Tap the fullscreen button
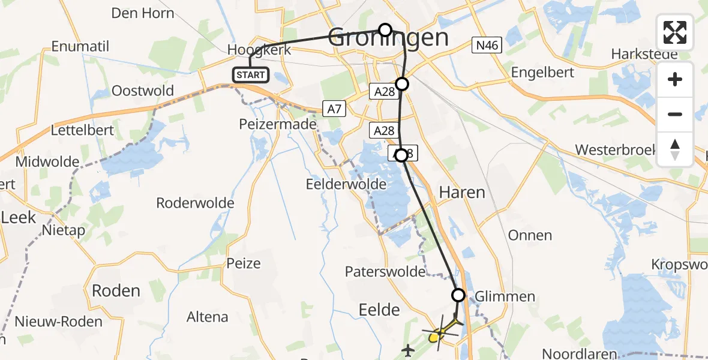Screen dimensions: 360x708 click(675, 32)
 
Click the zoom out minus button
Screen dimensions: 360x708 click(675, 114)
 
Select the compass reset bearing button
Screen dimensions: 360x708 click(675, 149)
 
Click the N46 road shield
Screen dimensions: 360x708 click(487, 45)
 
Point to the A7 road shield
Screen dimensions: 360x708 click(335, 109)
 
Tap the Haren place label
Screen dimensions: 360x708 click(462, 192)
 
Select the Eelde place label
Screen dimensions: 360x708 click(379, 310)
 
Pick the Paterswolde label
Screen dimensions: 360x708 click(385, 272)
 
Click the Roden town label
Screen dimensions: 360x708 click(116, 291)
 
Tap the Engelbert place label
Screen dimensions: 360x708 click(542, 73)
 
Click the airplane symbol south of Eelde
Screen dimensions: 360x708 click(409, 349)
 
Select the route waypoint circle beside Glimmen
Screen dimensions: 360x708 click(458, 295)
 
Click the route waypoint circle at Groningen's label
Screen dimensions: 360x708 click(385, 29)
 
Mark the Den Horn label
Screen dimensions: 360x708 click(143, 13)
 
